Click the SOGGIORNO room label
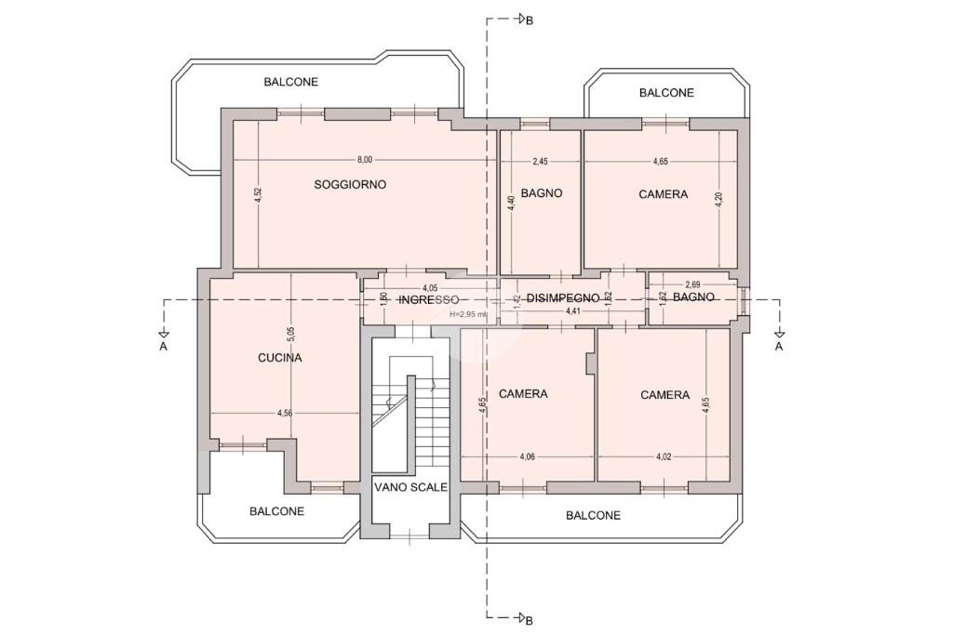click(x=350, y=185)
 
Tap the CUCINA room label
click(x=279, y=357)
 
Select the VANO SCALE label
click(x=410, y=486)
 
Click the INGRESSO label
click(x=428, y=299)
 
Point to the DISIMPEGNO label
click(x=563, y=298)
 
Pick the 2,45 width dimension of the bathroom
click(x=540, y=162)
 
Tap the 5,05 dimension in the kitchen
click(x=290, y=330)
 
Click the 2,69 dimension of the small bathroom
click(x=692, y=284)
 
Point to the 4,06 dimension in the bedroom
click(x=526, y=456)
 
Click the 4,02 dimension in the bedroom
click(x=664, y=456)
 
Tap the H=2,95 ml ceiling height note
click(x=468, y=314)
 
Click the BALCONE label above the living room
click(x=290, y=82)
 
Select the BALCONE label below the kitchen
click(x=276, y=511)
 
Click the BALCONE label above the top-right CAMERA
click(x=666, y=93)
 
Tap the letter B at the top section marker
click(x=529, y=22)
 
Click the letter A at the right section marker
click(x=779, y=347)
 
